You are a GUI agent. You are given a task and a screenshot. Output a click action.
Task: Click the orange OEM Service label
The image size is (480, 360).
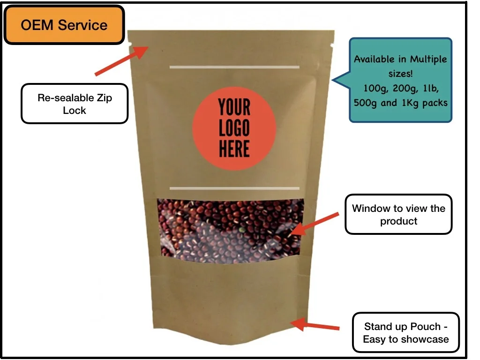click(64, 25)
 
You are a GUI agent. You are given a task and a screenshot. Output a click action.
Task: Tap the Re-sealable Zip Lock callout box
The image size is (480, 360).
click(75, 104)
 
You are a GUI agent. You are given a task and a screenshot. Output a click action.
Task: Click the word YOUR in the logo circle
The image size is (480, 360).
click(234, 108)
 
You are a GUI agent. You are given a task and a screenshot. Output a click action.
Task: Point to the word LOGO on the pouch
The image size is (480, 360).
click(234, 128)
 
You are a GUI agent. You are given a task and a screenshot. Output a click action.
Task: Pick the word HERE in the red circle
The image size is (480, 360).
click(234, 149)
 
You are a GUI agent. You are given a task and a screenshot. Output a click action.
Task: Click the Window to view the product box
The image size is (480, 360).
click(398, 214)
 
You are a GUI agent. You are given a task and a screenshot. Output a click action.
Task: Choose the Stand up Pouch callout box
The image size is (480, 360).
click(405, 332)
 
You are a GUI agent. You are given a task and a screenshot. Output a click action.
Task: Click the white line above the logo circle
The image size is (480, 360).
click(234, 67)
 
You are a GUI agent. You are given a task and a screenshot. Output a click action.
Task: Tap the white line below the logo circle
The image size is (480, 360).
click(234, 188)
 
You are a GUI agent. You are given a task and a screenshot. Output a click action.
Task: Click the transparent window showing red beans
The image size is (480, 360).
click(230, 230)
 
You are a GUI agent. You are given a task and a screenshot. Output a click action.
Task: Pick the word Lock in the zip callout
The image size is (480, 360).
click(75, 110)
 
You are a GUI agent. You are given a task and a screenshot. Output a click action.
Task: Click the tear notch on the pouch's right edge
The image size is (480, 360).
click(332, 45)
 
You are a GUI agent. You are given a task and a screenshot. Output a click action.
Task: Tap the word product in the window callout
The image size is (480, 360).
click(398, 221)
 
